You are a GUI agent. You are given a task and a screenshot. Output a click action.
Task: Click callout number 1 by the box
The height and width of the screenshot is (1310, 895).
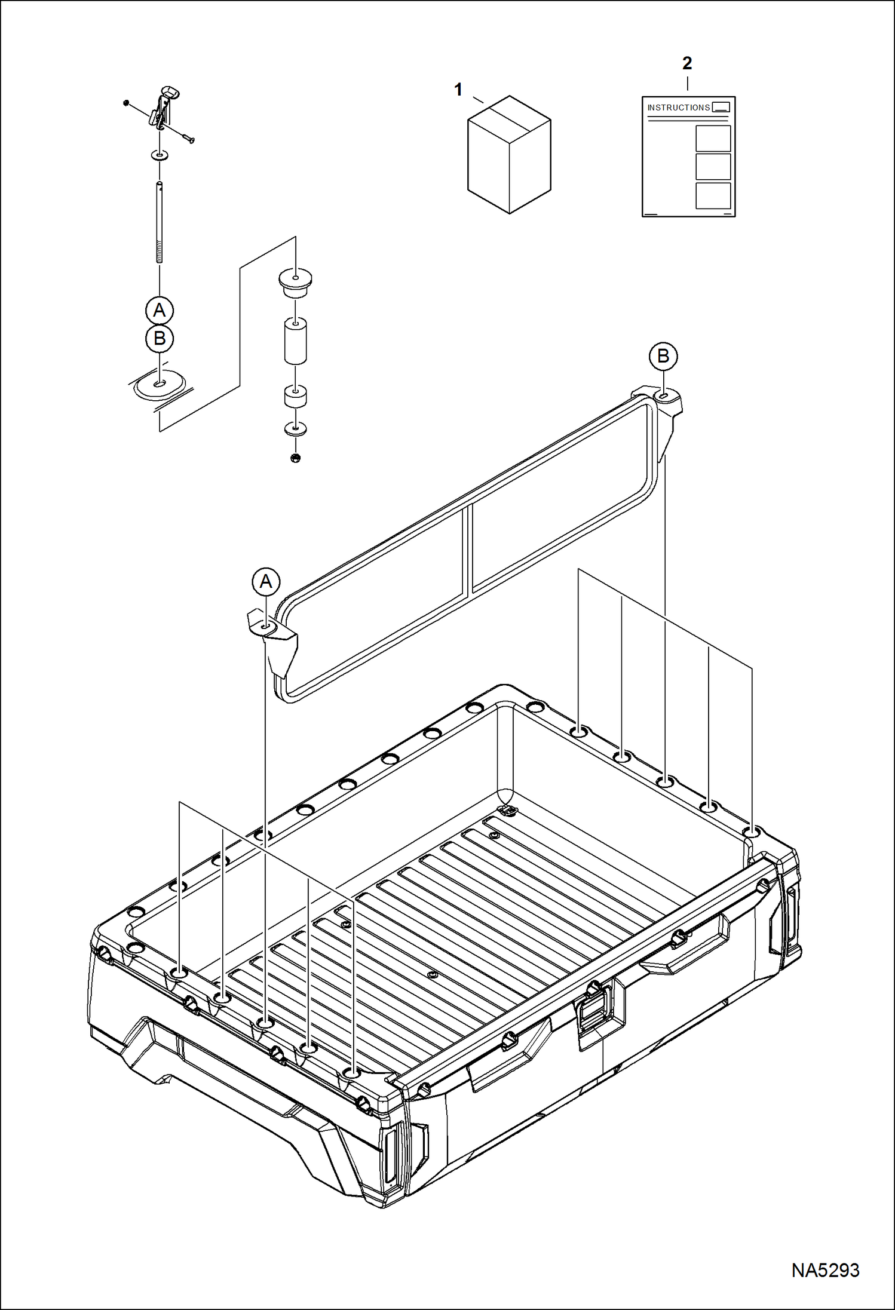458,90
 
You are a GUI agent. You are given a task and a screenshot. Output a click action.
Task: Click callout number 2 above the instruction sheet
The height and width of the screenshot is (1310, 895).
687,63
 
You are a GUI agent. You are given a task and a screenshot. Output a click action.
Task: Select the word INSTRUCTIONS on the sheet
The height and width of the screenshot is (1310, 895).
678,108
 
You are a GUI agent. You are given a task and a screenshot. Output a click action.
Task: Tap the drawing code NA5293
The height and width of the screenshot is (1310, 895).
825,1270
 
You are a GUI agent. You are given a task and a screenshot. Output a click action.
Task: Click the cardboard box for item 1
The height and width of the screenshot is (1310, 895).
509,155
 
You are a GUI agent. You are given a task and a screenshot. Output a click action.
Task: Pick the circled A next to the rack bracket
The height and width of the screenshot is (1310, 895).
266,581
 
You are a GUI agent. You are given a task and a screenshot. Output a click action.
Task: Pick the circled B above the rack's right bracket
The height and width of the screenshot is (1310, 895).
663,356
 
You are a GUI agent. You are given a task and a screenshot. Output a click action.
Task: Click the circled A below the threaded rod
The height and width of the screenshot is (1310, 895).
160,310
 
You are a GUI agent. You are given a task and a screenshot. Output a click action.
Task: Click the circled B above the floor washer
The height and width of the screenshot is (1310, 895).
160,339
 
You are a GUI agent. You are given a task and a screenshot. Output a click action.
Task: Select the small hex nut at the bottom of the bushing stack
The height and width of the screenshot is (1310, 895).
295,458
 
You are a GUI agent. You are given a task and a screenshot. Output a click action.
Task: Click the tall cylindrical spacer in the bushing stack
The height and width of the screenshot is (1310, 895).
295,340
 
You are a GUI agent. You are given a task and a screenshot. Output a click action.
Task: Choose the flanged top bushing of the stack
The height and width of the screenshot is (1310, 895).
295,282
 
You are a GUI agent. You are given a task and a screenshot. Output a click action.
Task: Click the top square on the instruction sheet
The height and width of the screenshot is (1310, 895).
713,139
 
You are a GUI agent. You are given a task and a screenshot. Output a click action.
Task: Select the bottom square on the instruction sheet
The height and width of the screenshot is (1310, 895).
713,195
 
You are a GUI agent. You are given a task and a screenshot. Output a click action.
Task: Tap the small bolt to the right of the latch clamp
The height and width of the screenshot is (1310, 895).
189,140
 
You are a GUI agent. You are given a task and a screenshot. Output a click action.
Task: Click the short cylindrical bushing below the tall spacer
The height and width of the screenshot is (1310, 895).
295,397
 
